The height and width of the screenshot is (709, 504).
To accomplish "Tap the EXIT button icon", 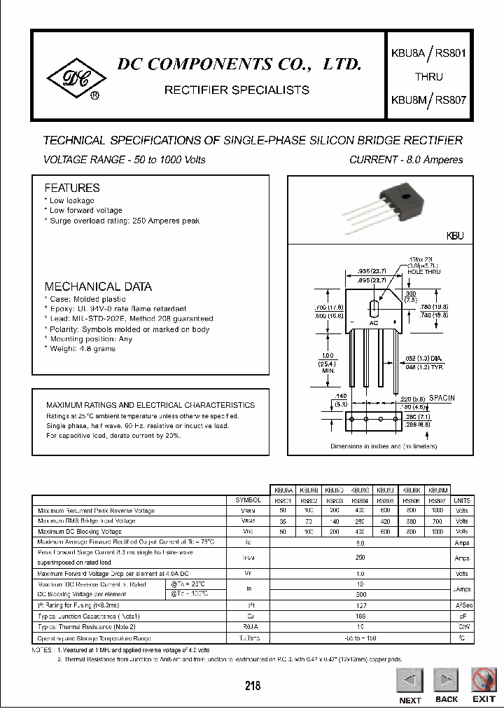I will (484, 682).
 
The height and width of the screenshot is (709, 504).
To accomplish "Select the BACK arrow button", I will (446, 681).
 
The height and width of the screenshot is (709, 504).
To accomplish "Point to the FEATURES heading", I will (72, 188).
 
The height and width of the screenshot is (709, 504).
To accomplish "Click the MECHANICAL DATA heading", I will (98, 287).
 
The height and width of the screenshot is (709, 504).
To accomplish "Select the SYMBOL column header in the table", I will (248, 500).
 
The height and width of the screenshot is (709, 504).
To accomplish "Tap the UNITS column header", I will (463, 500).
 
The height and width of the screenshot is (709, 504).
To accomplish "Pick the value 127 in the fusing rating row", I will (360, 605).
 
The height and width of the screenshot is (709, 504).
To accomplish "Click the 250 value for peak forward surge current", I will (360, 557).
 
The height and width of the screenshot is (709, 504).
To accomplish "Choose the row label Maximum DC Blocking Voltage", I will (79, 532).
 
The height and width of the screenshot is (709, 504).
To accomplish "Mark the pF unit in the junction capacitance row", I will (463, 617).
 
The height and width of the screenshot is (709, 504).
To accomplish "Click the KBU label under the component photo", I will (455, 237).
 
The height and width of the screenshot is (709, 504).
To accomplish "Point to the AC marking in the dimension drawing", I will (374, 323).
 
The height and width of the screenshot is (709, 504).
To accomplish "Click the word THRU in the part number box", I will (428, 77).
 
